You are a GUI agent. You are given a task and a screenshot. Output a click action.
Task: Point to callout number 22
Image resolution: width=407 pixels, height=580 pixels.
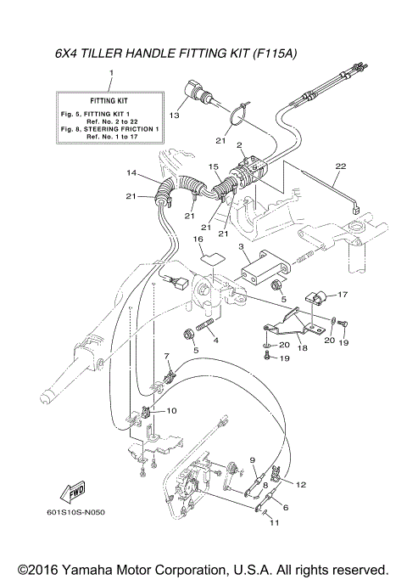(339, 166)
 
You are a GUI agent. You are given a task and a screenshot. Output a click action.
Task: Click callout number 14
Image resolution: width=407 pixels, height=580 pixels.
(131, 173)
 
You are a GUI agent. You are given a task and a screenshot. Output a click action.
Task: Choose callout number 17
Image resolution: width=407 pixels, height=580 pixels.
(343, 295)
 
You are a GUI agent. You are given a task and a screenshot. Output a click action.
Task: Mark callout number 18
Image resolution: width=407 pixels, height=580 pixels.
(302, 346)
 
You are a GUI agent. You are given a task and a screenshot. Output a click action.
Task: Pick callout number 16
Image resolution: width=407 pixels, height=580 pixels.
(201, 240)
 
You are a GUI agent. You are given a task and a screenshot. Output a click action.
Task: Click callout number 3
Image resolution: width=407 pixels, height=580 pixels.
(241, 246)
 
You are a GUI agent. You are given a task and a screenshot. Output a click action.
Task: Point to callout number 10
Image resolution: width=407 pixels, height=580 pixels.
(172, 410)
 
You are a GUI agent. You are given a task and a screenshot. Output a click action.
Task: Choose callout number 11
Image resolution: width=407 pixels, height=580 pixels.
(273, 522)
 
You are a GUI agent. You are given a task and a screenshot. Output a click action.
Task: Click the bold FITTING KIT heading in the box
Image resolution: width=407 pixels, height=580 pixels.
(109, 100)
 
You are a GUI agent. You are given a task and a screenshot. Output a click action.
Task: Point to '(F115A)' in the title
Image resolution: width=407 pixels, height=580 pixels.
(275, 53)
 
